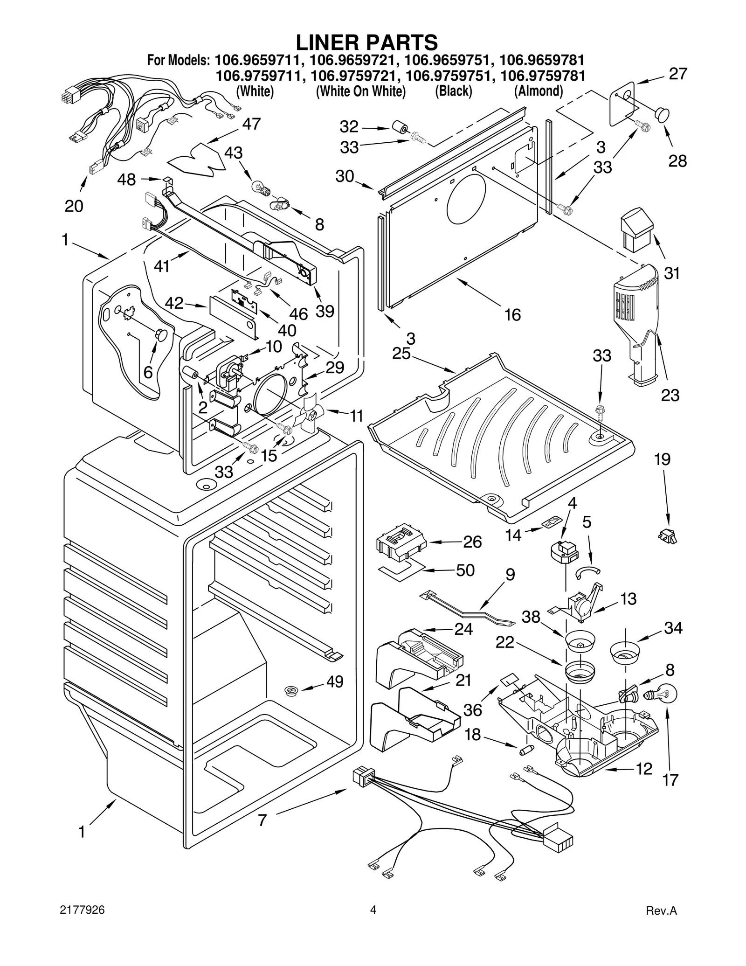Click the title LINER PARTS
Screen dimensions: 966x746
[367, 42]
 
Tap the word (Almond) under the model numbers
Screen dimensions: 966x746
[539, 91]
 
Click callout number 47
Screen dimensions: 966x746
[251, 125]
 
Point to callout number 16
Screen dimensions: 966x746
[512, 315]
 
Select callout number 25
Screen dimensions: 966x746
[401, 354]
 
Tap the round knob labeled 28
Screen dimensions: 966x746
[661, 114]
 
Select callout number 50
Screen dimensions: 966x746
[465, 570]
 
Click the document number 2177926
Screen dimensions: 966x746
[82, 910]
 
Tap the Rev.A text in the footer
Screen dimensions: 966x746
[661, 910]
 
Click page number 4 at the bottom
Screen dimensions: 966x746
[373, 910]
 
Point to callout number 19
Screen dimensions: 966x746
[662, 459]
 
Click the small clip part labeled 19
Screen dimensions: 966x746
[668, 536]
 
